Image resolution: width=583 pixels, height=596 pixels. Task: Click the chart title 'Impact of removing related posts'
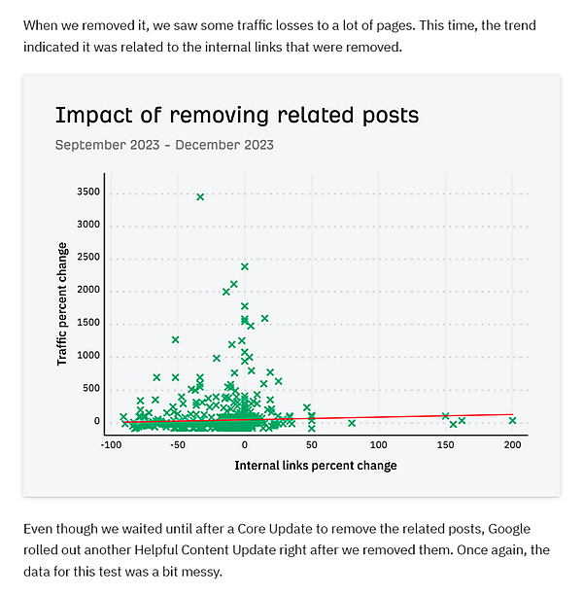coord(237,115)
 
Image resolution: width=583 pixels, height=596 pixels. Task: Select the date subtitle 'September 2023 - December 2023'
coord(164,145)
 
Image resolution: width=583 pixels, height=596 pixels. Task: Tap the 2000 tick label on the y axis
coord(87,291)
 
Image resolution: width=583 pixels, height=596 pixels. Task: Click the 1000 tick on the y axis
coord(87,356)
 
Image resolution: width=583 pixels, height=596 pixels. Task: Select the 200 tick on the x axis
coord(512,444)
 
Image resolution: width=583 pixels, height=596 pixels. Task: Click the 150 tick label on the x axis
coord(445,444)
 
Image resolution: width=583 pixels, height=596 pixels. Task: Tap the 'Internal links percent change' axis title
coord(316,466)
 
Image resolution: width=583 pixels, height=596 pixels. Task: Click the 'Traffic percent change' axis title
coord(62,303)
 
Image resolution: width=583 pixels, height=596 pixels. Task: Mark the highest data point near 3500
coord(200,196)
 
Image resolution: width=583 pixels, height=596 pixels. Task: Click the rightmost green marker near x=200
coord(512,420)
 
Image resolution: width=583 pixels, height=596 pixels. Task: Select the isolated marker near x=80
coord(352,423)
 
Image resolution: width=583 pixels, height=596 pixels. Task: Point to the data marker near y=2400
coord(245,265)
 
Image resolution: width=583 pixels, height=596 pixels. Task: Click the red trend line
coord(389,417)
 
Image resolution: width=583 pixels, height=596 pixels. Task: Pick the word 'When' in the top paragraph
coord(40,24)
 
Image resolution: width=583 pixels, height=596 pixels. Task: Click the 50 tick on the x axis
coord(311,444)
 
